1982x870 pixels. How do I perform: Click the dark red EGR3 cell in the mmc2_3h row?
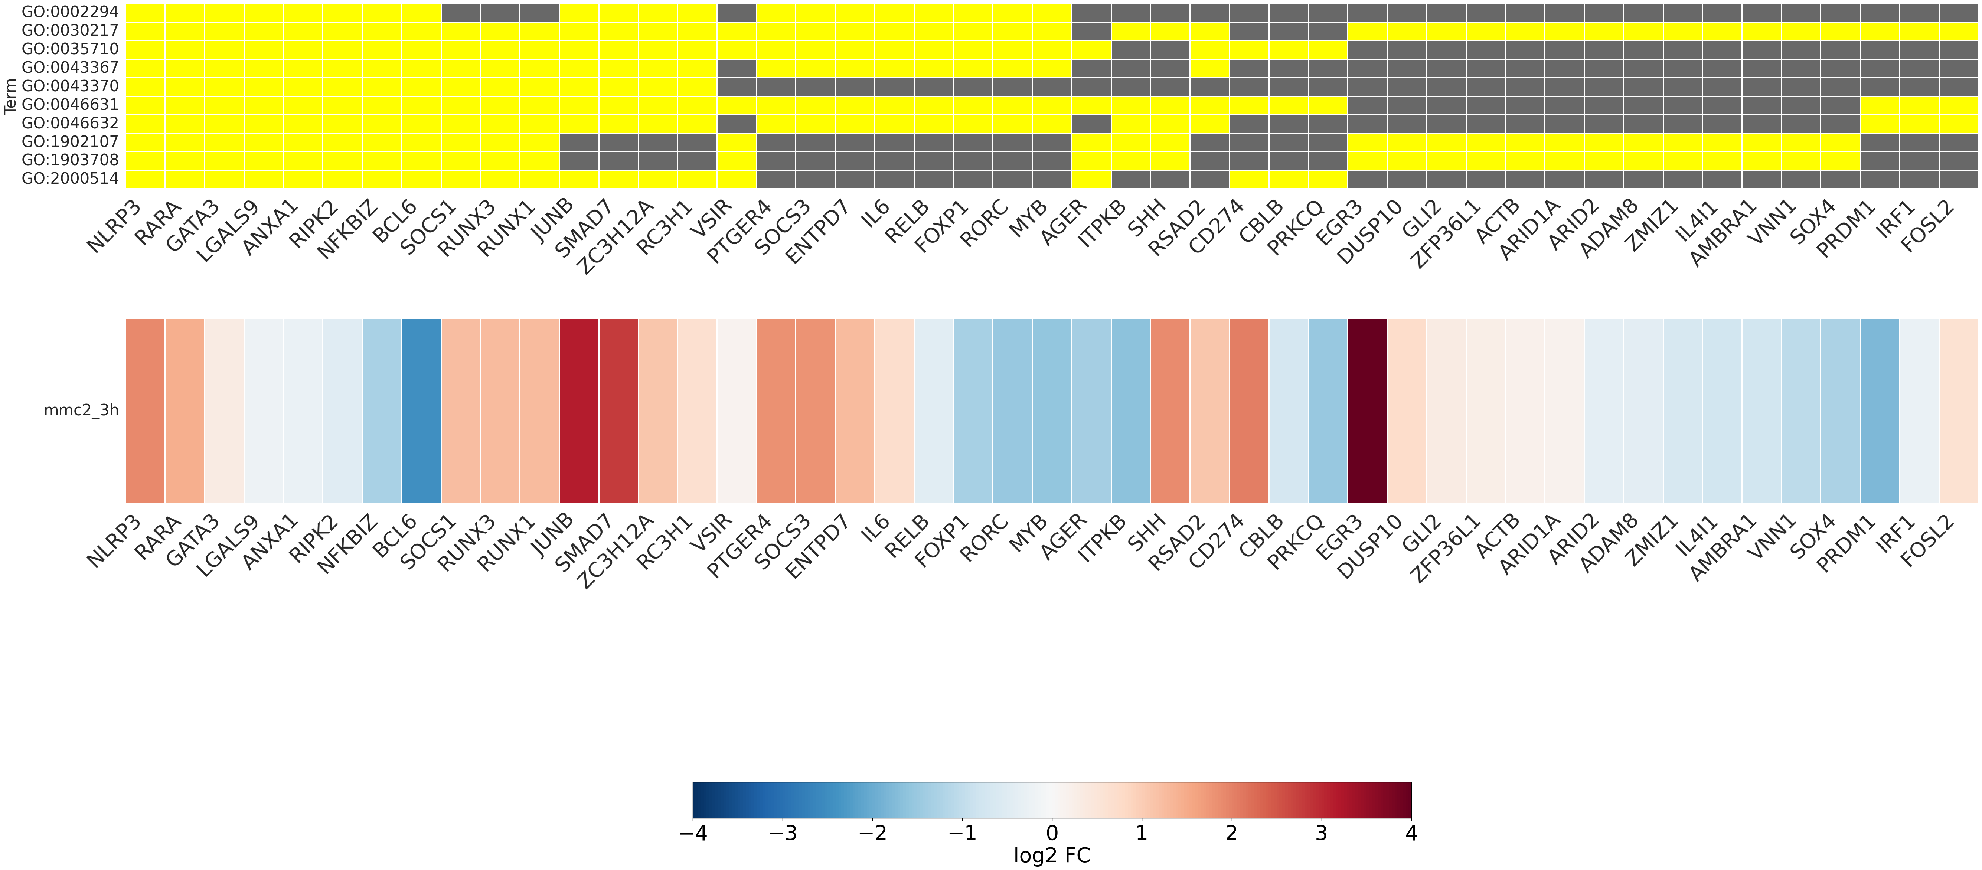[x=1367, y=410]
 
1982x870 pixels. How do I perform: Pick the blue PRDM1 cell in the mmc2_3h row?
[x=1880, y=410]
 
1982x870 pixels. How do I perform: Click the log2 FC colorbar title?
[x=1052, y=856]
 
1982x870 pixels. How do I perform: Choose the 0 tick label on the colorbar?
[x=1052, y=833]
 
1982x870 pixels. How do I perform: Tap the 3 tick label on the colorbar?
[x=1321, y=833]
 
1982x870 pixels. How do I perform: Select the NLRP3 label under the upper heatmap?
[x=115, y=227]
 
